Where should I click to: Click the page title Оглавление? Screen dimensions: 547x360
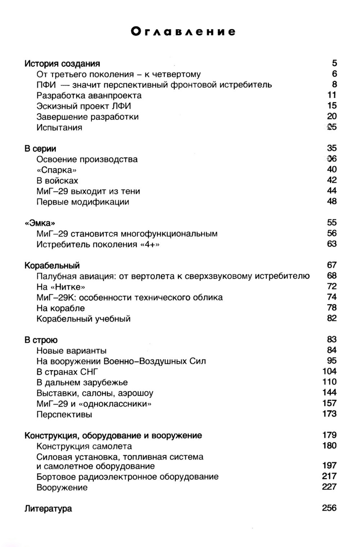[183, 32]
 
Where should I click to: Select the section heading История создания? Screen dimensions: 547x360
[62, 64]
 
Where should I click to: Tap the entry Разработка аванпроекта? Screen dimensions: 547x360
[89, 95]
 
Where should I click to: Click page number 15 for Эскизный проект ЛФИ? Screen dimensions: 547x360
[332, 106]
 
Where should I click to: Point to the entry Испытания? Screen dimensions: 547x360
[59, 127]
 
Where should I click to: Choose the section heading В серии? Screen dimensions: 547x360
[40, 149]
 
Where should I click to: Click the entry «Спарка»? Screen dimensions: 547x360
[57, 170]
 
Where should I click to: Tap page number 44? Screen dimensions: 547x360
[332, 191]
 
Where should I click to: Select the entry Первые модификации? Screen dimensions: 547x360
[82, 202]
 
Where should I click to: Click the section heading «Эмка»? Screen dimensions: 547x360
[40, 223]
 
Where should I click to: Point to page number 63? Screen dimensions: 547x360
[332, 244]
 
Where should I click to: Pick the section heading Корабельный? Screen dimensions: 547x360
[52, 266]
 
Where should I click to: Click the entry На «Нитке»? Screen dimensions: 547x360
[60, 287]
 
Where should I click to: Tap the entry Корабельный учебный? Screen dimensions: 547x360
[83, 319]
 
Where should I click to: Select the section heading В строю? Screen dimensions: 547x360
[41, 340]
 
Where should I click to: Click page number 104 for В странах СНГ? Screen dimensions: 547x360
[329, 371]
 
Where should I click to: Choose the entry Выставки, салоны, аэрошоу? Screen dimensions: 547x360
[95, 393]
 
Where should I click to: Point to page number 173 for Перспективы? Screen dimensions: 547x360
[329, 414]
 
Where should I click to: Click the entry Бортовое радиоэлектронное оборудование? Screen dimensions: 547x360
[127, 477]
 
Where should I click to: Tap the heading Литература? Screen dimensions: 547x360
[48, 509]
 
